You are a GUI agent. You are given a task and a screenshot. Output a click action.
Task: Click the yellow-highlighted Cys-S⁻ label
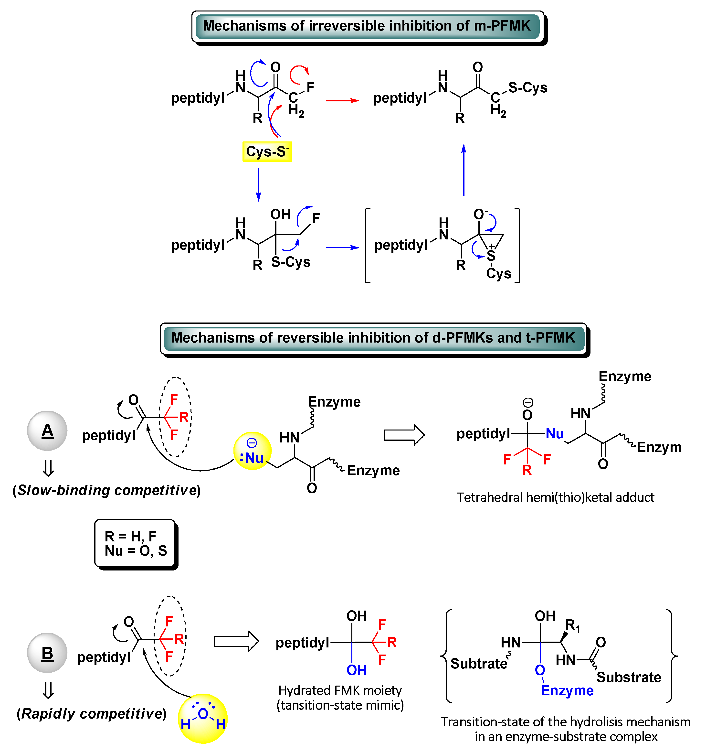[267, 151]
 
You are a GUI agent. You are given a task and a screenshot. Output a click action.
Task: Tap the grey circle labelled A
[47, 431]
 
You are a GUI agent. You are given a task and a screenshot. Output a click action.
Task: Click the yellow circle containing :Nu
[253, 451]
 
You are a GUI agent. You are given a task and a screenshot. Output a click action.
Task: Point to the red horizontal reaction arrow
[343, 100]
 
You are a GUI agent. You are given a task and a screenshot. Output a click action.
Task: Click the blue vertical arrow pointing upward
[464, 171]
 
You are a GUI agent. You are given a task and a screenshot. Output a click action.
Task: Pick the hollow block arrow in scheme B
[236, 641]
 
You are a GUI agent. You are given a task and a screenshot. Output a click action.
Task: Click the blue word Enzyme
[567, 690]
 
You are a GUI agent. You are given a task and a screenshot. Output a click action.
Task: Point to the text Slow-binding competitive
[107, 490]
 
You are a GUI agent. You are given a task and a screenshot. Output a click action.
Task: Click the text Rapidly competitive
[92, 714]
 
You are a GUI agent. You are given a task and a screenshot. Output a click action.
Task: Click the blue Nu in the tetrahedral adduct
[555, 434]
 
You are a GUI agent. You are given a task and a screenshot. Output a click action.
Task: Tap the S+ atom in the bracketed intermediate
[491, 256]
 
